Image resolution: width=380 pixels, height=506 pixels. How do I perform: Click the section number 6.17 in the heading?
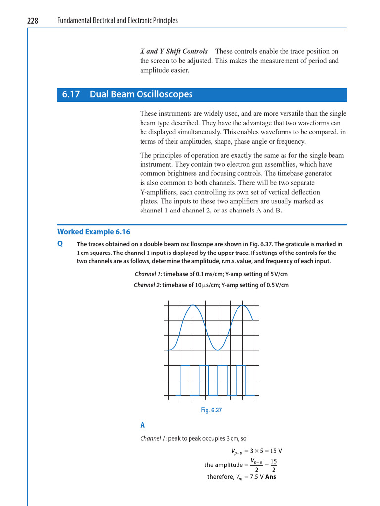coord(71,94)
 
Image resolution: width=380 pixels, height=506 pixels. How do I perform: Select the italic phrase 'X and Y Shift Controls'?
coord(174,51)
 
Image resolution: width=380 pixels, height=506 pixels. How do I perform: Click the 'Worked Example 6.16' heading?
coord(94,231)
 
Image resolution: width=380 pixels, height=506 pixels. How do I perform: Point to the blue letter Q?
coord(60,244)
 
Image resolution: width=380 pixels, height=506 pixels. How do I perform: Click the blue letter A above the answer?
coord(142,424)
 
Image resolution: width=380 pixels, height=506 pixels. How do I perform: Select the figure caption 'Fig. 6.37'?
coord(211,410)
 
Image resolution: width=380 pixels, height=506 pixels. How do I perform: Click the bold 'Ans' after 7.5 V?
coord(271,477)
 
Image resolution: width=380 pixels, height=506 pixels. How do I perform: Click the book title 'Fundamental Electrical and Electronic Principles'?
coord(117,20)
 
